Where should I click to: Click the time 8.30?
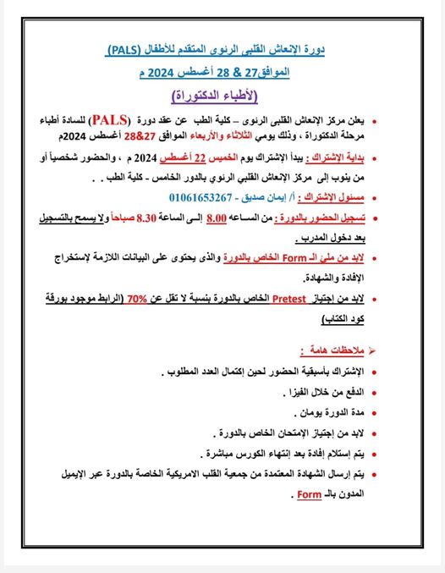click(151, 218)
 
